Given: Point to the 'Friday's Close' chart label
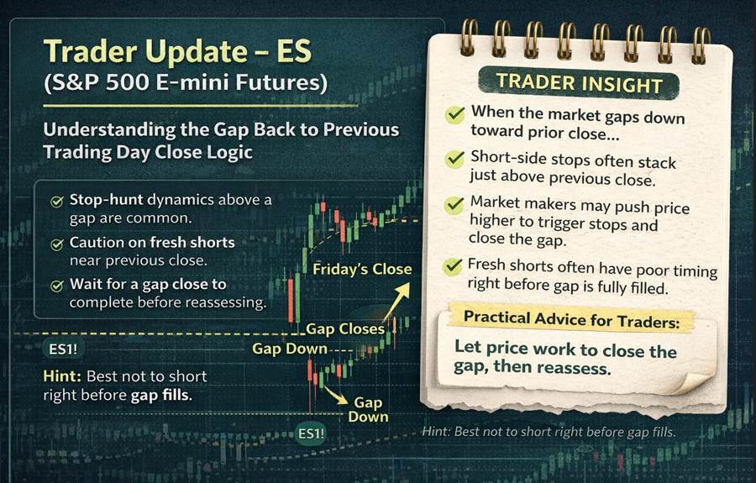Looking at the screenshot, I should click(x=362, y=270).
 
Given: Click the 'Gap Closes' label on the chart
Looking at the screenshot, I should click(x=345, y=328).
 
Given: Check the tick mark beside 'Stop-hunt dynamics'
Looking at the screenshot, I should click(x=56, y=202).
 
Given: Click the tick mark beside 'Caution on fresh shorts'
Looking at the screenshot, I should click(x=56, y=244).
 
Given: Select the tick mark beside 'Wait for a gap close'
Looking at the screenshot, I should click(x=56, y=285).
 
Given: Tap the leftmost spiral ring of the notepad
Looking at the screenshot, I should click(x=469, y=38).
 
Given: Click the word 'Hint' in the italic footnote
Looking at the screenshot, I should click(x=440, y=433).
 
